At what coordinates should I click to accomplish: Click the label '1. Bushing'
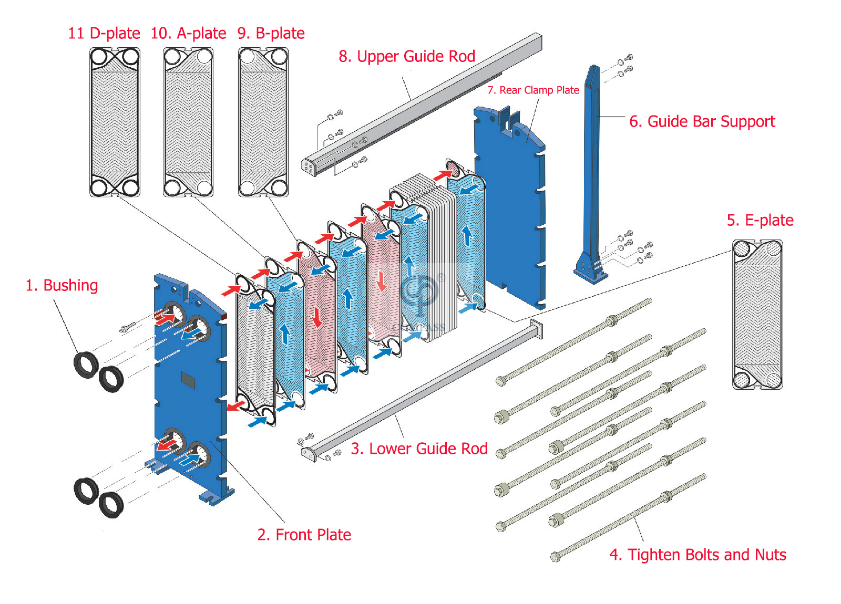(61, 285)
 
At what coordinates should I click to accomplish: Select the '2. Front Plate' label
(304, 535)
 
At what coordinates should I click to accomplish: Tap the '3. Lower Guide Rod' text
(419, 449)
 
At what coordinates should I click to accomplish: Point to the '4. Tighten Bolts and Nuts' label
(698, 555)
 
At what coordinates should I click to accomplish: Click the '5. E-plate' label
(760, 220)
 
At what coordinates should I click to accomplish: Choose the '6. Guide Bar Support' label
(702, 121)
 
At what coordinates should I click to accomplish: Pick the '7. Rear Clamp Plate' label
(533, 90)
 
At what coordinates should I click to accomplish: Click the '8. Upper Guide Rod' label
(407, 56)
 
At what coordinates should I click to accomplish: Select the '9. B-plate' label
(271, 33)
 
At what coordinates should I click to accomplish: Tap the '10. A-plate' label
(188, 33)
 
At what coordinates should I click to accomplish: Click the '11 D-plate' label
(104, 33)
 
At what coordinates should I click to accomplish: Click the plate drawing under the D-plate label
(115, 122)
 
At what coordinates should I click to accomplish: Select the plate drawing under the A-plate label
(188, 122)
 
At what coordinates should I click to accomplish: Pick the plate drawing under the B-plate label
(263, 122)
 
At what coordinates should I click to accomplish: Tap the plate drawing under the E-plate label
(757, 314)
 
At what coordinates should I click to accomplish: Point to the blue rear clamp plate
(512, 210)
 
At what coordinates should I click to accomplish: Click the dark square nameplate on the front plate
(188, 379)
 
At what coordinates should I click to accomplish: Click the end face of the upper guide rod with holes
(309, 167)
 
